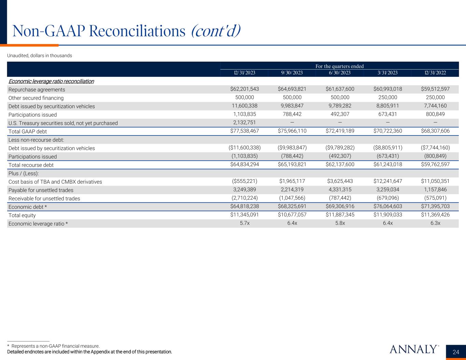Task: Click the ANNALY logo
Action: (x=413, y=349)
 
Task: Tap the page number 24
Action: (x=456, y=352)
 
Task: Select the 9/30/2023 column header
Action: (x=292, y=73)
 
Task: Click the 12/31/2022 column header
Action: (x=435, y=73)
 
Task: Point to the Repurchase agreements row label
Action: (x=37, y=89)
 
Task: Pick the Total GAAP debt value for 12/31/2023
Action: (x=244, y=131)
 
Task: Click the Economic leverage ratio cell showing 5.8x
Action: (x=340, y=224)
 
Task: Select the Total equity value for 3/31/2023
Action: (x=387, y=215)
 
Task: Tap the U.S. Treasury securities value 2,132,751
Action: (x=244, y=123)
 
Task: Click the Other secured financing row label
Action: (x=36, y=98)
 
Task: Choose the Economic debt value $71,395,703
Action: (x=435, y=207)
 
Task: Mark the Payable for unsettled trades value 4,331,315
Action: (x=340, y=190)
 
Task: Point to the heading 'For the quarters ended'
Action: (x=339, y=66)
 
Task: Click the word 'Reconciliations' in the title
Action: (x=137, y=31)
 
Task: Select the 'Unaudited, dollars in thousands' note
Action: (x=40, y=56)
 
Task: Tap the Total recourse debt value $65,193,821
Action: (x=292, y=165)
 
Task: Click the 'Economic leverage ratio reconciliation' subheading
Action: (x=51, y=81)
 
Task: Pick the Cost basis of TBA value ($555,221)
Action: (x=244, y=182)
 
